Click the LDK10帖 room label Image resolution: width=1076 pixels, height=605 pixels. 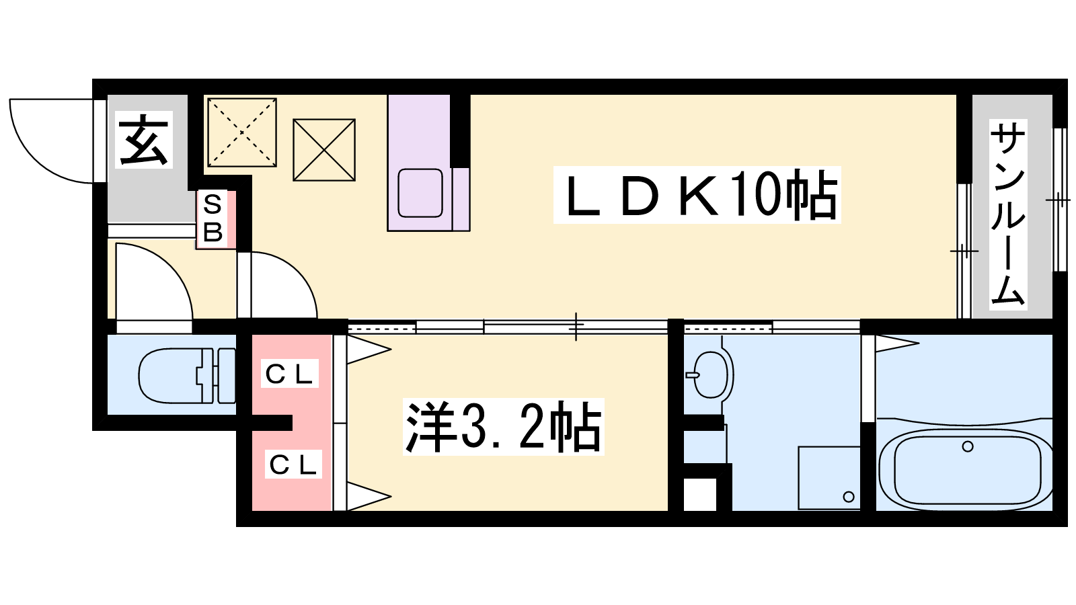click(x=697, y=196)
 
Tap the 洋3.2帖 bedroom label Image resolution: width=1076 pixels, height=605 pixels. click(x=503, y=428)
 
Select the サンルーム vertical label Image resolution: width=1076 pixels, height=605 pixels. click(x=1007, y=214)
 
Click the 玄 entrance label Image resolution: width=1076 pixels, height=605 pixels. click(x=144, y=140)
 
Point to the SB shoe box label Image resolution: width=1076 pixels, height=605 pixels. click(x=213, y=218)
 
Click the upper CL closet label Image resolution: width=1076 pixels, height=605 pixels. click(x=289, y=374)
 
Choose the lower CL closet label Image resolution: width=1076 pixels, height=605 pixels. click(x=293, y=465)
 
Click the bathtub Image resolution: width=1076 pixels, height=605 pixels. click(x=966, y=469)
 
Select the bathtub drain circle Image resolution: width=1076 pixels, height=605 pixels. click(x=968, y=446)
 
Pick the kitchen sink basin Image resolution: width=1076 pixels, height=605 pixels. click(x=420, y=192)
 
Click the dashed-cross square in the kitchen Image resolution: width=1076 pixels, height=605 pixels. click(x=242, y=132)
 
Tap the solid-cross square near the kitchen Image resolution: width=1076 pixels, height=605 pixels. click(x=324, y=150)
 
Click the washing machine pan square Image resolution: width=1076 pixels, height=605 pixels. click(x=829, y=477)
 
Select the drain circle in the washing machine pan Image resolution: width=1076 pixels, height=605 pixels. click(x=849, y=497)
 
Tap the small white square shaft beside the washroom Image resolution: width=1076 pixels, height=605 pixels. click(x=700, y=494)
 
